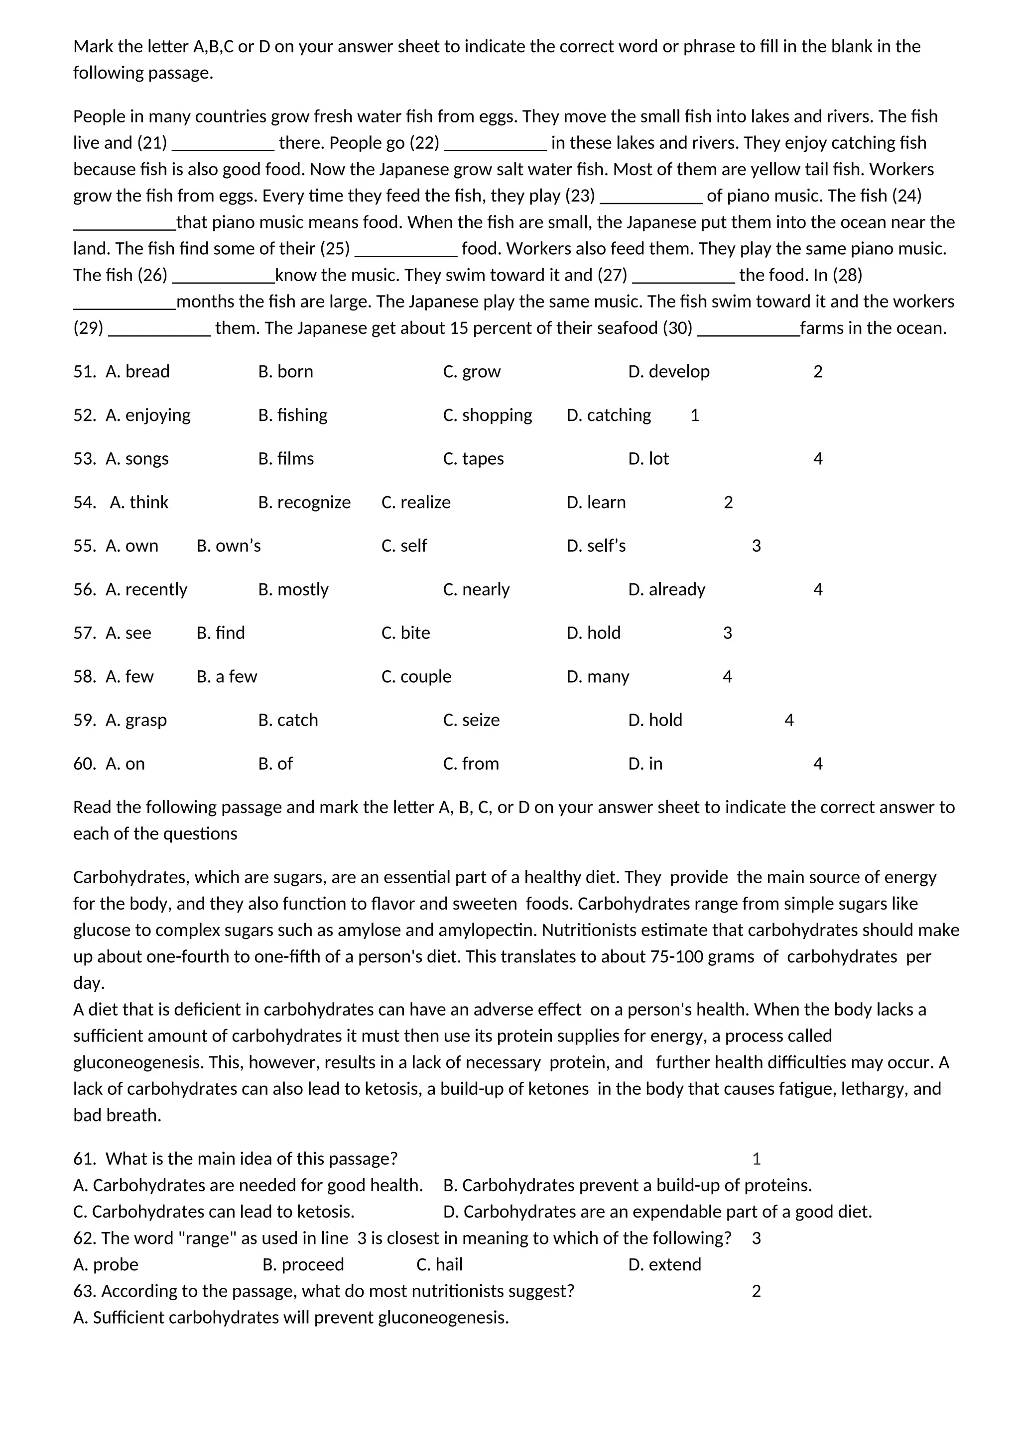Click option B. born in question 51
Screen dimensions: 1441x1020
click(x=285, y=372)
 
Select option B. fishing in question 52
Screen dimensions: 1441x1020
click(x=293, y=415)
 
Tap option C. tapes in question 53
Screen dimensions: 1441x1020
click(x=473, y=459)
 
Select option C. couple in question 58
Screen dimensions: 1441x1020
click(x=416, y=677)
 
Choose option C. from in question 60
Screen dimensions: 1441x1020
click(x=471, y=764)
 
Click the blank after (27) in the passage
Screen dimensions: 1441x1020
click(x=683, y=276)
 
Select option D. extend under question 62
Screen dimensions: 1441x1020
click(x=664, y=1265)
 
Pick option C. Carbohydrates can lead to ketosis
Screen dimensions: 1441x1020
click(x=214, y=1212)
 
